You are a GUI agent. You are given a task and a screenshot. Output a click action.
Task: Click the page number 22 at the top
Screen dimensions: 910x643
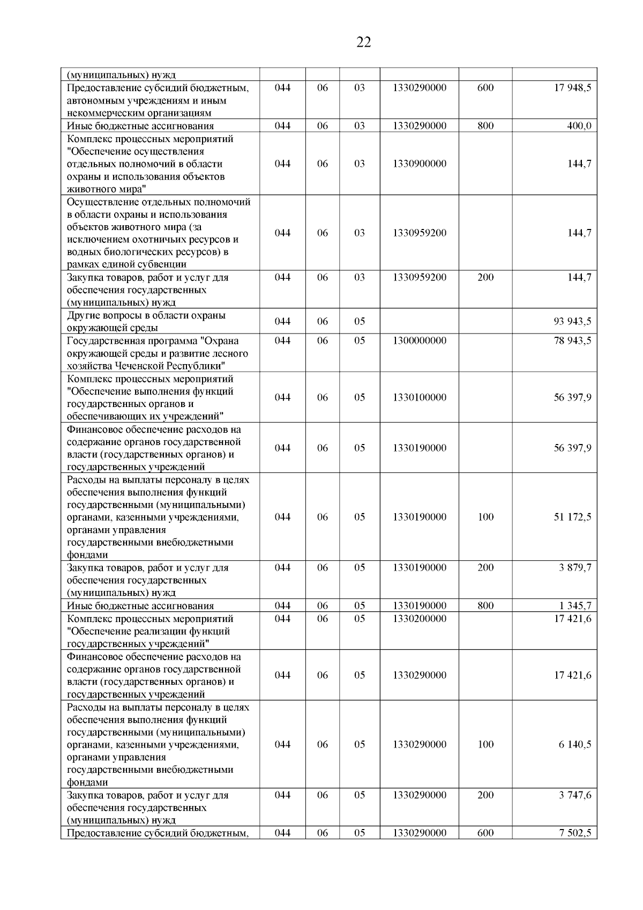(x=363, y=42)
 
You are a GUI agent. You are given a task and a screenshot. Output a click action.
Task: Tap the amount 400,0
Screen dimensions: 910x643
(x=579, y=126)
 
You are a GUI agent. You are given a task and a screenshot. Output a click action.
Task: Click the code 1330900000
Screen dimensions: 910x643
(x=419, y=164)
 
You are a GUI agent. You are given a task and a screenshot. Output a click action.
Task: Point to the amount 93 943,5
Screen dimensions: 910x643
(x=572, y=322)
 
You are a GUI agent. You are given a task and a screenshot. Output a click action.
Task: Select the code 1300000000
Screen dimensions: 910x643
(x=419, y=341)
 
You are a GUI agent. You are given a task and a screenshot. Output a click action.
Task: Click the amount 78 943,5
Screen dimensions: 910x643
(x=572, y=341)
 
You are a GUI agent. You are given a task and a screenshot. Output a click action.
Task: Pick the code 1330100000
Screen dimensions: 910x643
(x=419, y=397)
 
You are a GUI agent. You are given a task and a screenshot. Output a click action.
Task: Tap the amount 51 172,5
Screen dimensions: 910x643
(x=572, y=517)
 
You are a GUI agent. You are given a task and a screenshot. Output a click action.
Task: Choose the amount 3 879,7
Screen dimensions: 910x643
(x=575, y=567)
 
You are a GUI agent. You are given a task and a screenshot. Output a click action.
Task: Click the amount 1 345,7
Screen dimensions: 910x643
(x=575, y=606)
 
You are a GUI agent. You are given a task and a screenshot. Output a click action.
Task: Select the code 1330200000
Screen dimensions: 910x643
(x=419, y=618)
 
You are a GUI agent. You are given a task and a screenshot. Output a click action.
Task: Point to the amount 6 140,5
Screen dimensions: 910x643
(x=575, y=744)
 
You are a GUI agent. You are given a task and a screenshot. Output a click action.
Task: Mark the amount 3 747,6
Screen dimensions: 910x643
(x=575, y=795)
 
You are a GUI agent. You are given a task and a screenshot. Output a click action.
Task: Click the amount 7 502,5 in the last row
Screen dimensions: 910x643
(x=575, y=833)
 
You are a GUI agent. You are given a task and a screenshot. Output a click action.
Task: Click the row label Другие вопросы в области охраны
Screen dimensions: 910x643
(x=146, y=315)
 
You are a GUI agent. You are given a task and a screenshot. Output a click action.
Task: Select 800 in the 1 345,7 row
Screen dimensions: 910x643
(x=485, y=606)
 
